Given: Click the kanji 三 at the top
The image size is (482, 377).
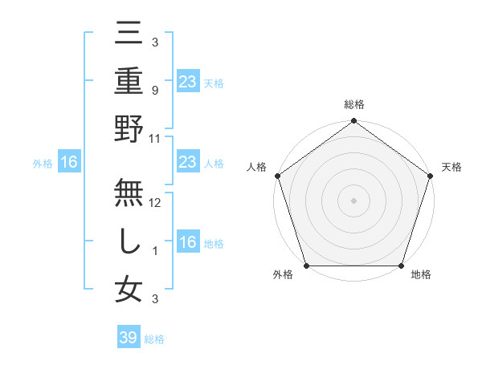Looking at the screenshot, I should [129, 34].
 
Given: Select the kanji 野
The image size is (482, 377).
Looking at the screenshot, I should [129, 128].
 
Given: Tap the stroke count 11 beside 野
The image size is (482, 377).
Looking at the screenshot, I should [155, 139].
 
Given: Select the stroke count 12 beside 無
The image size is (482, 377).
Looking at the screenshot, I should [155, 202].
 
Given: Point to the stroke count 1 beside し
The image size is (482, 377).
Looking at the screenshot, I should [155, 250].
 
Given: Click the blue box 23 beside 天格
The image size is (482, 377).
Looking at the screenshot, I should [187, 81].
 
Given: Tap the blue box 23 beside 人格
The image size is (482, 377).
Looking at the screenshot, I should [187, 163].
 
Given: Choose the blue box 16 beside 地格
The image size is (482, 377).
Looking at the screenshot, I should [187, 243].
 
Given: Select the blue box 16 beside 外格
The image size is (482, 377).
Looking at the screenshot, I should [69, 163].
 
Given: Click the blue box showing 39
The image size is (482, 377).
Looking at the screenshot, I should [129, 338].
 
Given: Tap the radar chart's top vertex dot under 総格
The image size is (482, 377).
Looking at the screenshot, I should [353, 122].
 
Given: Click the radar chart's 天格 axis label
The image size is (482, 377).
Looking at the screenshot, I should [452, 168].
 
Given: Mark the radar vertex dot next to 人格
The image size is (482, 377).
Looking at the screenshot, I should [278, 176].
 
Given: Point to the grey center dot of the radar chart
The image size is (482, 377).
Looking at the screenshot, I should [353, 201].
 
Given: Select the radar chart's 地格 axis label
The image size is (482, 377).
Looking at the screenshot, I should [421, 275].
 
